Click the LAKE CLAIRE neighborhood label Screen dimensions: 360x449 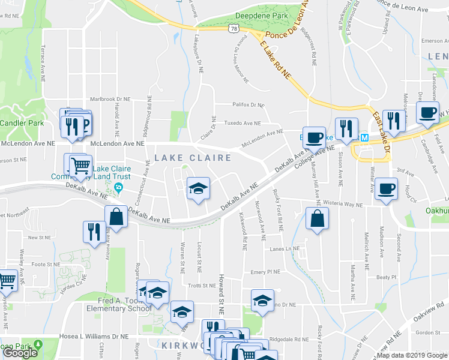pos(193,158)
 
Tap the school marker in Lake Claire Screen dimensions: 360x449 pos(198,189)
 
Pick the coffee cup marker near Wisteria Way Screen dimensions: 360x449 pos(386,189)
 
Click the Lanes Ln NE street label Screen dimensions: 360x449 pos(285,249)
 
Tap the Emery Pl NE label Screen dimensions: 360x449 pos(265,272)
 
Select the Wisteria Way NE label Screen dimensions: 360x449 pos(341,205)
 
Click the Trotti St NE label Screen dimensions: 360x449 pos(201,286)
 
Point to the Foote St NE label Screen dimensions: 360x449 pos(46,263)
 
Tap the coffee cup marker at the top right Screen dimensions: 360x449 pos(427,112)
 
